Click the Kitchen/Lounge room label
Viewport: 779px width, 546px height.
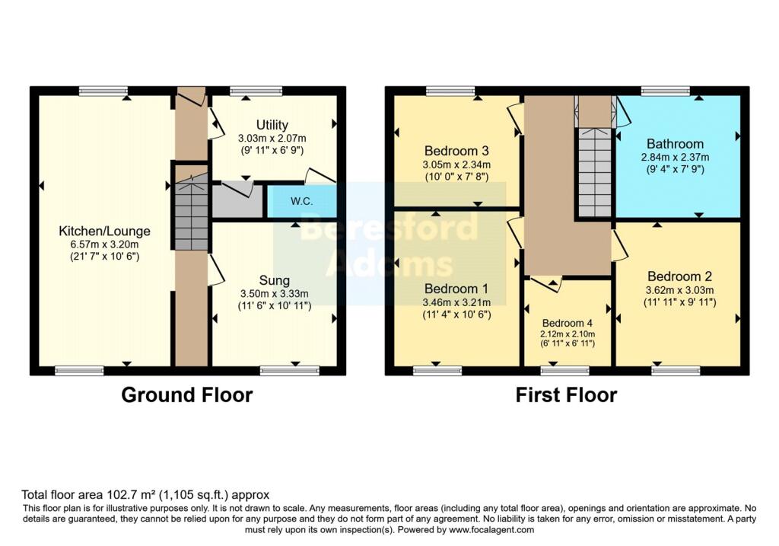[105, 231]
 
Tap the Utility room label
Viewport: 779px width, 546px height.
[272, 125]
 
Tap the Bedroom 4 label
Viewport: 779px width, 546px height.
[568, 322]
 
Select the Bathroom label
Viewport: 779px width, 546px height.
[675, 144]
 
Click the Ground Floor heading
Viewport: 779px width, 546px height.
[187, 394]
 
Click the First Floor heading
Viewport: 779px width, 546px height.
[566, 394]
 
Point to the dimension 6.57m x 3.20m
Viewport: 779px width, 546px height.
[105, 244]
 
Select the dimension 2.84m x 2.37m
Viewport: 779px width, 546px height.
[675, 157]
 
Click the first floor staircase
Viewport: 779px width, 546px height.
[595, 171]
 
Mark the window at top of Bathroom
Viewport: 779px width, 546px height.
[666, 91]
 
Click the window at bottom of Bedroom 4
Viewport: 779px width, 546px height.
[565, 371]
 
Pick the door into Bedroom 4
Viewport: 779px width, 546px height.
[546, 283]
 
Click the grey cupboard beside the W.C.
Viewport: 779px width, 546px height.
[237, 201]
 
